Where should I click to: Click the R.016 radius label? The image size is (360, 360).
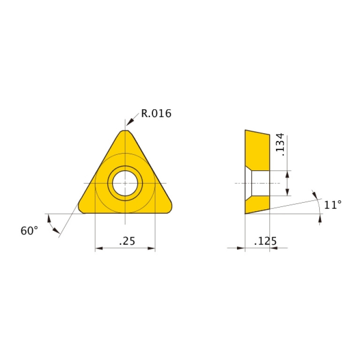click(x=156, y=114)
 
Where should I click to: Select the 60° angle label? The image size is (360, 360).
click(x=29, y=231)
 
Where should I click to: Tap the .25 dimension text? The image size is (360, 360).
click(x=127, y=241)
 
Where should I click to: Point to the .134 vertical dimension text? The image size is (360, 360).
click(x=280, y=145)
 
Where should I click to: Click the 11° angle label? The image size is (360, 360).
click(x=333, y=205)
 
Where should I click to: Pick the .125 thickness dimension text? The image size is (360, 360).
click(x=265, y=241)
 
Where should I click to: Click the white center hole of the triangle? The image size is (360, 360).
click(x=125, y=183)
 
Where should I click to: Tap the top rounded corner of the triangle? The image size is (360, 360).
click(x=125, y=131)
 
